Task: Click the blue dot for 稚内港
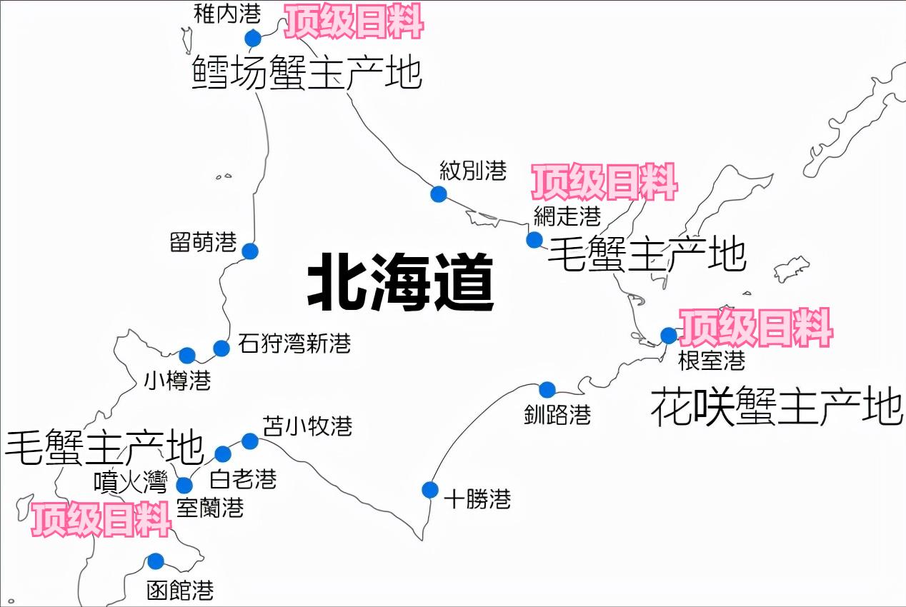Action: (253, 38)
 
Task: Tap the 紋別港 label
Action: (473, 171)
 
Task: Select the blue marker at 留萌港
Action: (249, 251)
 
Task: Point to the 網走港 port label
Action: (567, 215)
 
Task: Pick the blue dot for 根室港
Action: (669, 335)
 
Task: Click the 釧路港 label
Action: (557, 415)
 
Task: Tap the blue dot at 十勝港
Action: (430, 489)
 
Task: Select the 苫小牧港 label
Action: (307, 426)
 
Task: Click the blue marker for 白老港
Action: (223, 453)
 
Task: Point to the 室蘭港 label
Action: (210, 508)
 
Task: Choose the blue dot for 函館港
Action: (155, 561)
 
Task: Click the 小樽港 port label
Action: (177, 380)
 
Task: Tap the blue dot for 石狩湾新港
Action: (221, 348)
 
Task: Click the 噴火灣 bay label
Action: (131, 483)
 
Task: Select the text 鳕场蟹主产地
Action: (307, 74)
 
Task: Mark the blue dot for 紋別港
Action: (439, 194)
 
